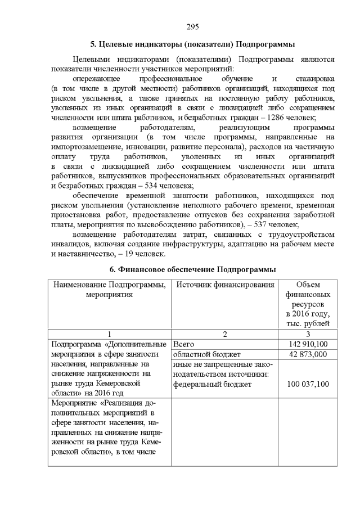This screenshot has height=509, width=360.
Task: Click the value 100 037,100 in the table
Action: click(x=308, y=384)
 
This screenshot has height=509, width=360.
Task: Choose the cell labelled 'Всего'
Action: click(x=185, y=344)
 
